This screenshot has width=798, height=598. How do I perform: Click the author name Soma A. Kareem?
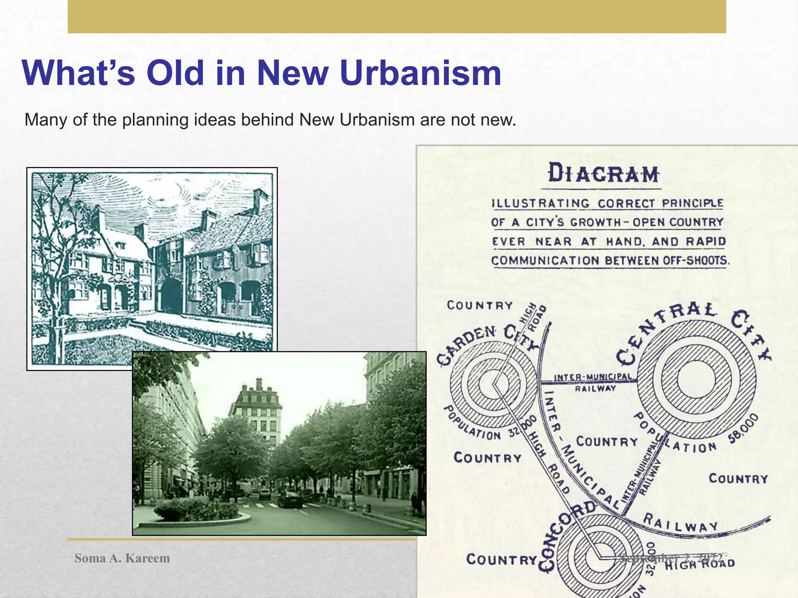point(122,558)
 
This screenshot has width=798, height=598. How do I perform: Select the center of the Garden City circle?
point(493,384)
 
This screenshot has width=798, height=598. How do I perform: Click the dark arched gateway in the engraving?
point(171,296)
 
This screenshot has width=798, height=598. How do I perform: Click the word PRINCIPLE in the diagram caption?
point(692,204)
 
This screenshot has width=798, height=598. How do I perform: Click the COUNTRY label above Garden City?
point(480,305)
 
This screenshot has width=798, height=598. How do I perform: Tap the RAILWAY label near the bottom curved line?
point(680,522)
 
